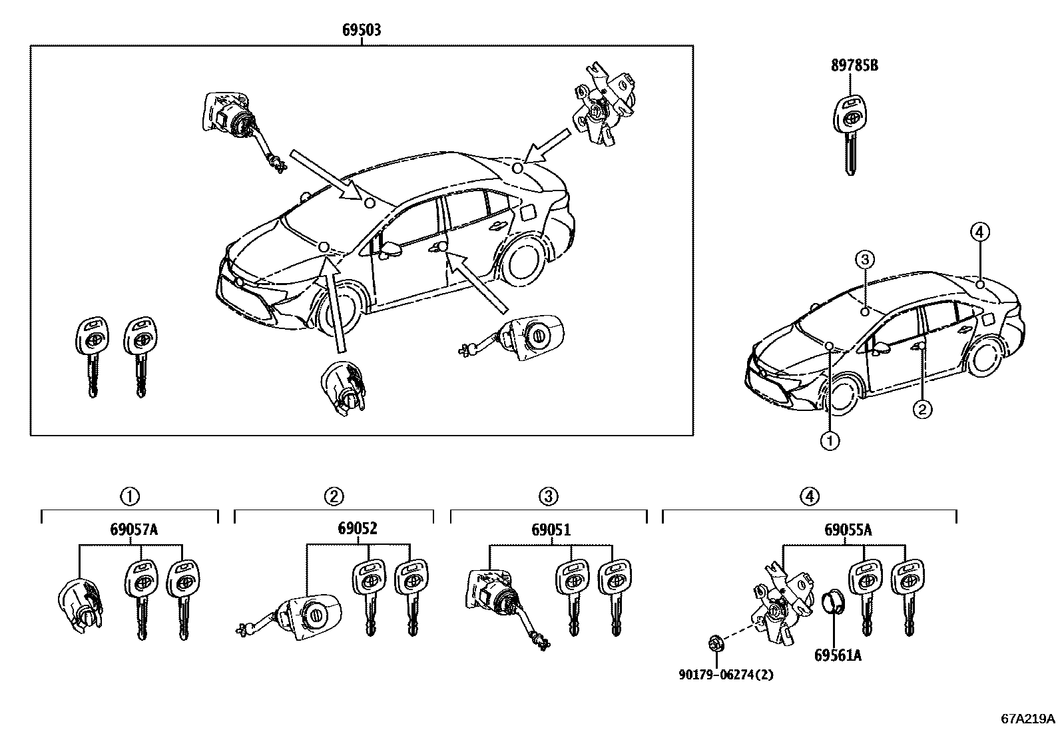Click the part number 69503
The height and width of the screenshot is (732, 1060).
click(x=362, y=30)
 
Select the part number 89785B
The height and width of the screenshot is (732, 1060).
click(x=854, y=66)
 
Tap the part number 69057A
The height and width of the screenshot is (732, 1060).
click(x=133, y=530)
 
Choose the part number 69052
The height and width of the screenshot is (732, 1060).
click(x=357, y=529)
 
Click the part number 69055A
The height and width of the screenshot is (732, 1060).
click(x=848, y=530)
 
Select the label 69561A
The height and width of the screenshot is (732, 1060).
click(x=837, y=655)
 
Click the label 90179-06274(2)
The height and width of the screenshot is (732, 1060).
click(x=726, y=675)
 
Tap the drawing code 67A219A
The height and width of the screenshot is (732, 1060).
click(x=1028, y=719)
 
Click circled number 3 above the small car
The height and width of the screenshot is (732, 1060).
click(x=864, y=259)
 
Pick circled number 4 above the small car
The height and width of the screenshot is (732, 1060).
click(x=979, y=232)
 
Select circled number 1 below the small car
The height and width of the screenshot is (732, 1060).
click(x=829, y=440)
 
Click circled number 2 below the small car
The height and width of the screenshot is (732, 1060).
click(x=922, y=408)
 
